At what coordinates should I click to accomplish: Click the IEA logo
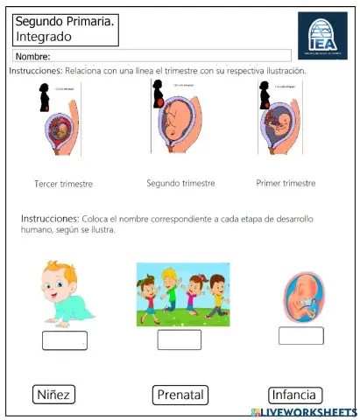click(x=321, y=35)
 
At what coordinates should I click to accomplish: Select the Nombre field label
click(x=32, y=57)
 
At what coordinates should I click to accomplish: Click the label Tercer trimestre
click(x=63, y=185)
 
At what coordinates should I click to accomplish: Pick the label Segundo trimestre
click(x=181, y=184)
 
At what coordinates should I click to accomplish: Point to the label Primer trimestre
click(x=286, y=184)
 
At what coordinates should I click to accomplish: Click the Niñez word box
click(x=53, y=395)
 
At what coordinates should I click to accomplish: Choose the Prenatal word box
click(x=180, y=395)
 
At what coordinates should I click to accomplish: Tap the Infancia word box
click(x=295, y=395)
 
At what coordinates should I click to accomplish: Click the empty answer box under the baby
click(x=65, y=340)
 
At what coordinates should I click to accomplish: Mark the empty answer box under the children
click(x=179, y=339)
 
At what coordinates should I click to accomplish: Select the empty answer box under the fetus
click(x=300, y=335)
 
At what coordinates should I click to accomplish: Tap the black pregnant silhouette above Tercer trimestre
click(x=45, y=99)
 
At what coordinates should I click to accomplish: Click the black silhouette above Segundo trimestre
click(x=158, y=95)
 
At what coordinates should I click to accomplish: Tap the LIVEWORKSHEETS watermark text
click(x=310, y=412)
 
